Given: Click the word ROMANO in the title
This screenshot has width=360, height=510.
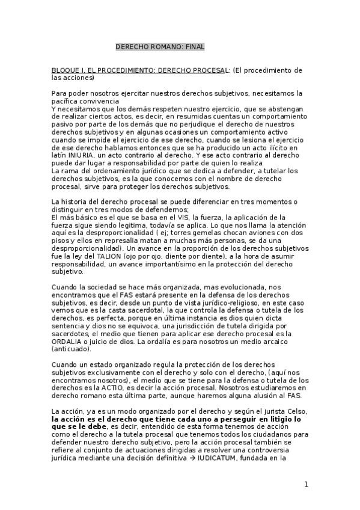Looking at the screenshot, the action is (x=162, y=46).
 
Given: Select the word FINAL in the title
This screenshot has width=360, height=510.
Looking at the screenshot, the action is (x=194, y=46).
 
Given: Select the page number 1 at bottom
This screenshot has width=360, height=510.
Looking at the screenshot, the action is (x=306, y=485).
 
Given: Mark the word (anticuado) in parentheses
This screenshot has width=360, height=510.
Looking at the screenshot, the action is (x=72, y=349).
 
